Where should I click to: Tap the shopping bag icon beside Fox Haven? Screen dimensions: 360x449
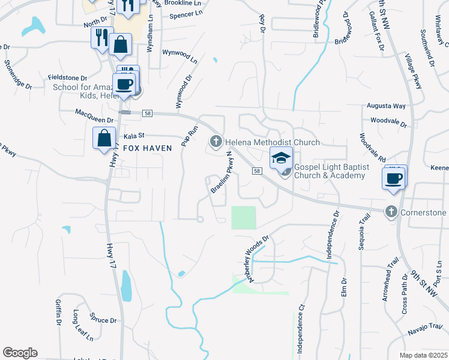tap(104, 138)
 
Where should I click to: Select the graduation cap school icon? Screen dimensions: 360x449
tap(281, 158)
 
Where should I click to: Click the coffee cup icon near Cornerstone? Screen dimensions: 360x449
tap(394, 178)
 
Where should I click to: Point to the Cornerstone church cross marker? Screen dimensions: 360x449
tap(391, 212)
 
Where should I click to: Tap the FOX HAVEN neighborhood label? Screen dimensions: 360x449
tap(148, 148)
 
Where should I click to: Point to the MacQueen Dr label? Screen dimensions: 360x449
tap(94, 112)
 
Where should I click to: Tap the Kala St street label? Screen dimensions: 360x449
tap(135, 136)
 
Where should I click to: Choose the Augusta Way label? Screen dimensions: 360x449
tap(387, 106)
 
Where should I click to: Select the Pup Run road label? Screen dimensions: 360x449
tap(190, 137)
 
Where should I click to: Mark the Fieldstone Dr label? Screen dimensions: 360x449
tap(68, 78)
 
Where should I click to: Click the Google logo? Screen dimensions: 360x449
tap(20, 353)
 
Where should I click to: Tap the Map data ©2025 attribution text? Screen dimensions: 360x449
tap(423, 355)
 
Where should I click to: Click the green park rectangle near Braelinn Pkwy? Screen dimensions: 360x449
tap(244, 217)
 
